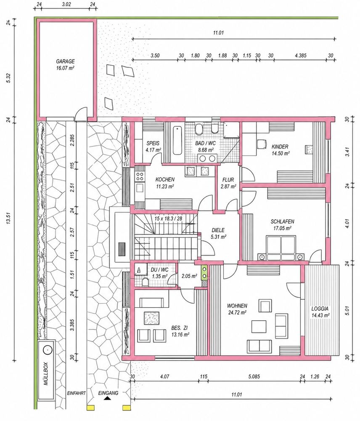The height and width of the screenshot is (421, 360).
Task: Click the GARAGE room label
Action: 65,61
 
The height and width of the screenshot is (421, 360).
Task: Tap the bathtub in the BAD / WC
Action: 177,140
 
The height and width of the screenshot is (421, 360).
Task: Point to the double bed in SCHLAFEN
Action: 281,244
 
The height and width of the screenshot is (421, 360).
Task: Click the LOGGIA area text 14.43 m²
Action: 320,315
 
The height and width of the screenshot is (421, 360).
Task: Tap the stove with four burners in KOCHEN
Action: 140,176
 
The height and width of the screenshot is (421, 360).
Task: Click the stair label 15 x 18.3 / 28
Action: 168,218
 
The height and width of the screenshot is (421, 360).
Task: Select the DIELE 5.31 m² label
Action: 218,233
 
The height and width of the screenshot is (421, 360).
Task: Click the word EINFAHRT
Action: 77,393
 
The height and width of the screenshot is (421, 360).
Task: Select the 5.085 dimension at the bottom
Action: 254,376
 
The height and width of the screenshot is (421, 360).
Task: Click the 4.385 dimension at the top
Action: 300,56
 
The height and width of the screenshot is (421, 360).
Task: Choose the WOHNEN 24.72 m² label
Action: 237,309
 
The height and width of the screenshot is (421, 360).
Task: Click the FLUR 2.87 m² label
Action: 228,183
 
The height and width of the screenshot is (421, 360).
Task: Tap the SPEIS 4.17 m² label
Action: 153,147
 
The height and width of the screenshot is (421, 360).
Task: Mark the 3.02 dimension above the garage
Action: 66,4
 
